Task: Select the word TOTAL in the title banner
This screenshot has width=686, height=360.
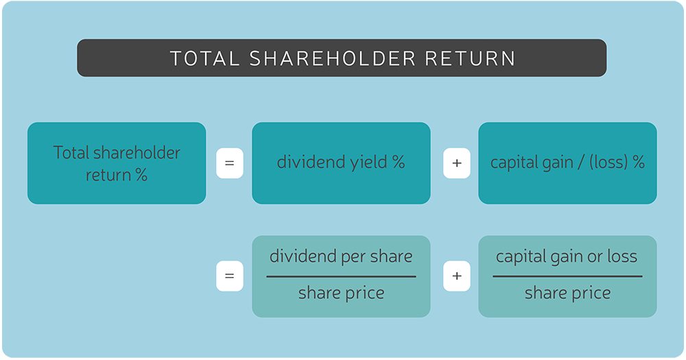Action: pyautogui.click(x=204, y=58)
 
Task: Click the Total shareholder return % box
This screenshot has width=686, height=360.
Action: pyautogui.click(x=117, y=163)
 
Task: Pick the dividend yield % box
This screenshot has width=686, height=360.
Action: pyautogui.click(x=341, y=163)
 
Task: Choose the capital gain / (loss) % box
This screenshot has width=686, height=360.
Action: pyautogui.click(x=567, y=163)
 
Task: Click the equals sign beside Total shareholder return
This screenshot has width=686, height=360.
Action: pyautogui.click(x=229, y=164)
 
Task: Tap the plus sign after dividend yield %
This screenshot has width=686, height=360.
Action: pyautogui.click(x=456, y=164)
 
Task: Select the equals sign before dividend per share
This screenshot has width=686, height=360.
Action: pyautogui.click(x=229, y=276)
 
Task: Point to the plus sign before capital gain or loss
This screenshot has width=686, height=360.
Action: pyautogui.click(x=456, y=276)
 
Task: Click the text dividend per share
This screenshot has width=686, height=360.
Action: pyautogui.click(x=341, y=257)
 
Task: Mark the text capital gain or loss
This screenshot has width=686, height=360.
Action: pyautogui.click(x=567, y=257)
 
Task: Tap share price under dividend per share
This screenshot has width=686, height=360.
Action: pyautogui.click(x=341, y=294)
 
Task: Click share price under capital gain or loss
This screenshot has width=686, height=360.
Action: pyautogui.click(x=567, y=294)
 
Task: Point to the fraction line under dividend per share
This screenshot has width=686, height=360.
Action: pyautogui.click(x=341, y=276)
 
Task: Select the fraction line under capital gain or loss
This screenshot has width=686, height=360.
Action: pyautogui.click(x=567, y=276)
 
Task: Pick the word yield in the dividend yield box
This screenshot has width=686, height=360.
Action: pyautogui.click(x=368, y=163)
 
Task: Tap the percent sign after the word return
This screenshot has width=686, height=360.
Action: pyautogui.click(x=141, y=176)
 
